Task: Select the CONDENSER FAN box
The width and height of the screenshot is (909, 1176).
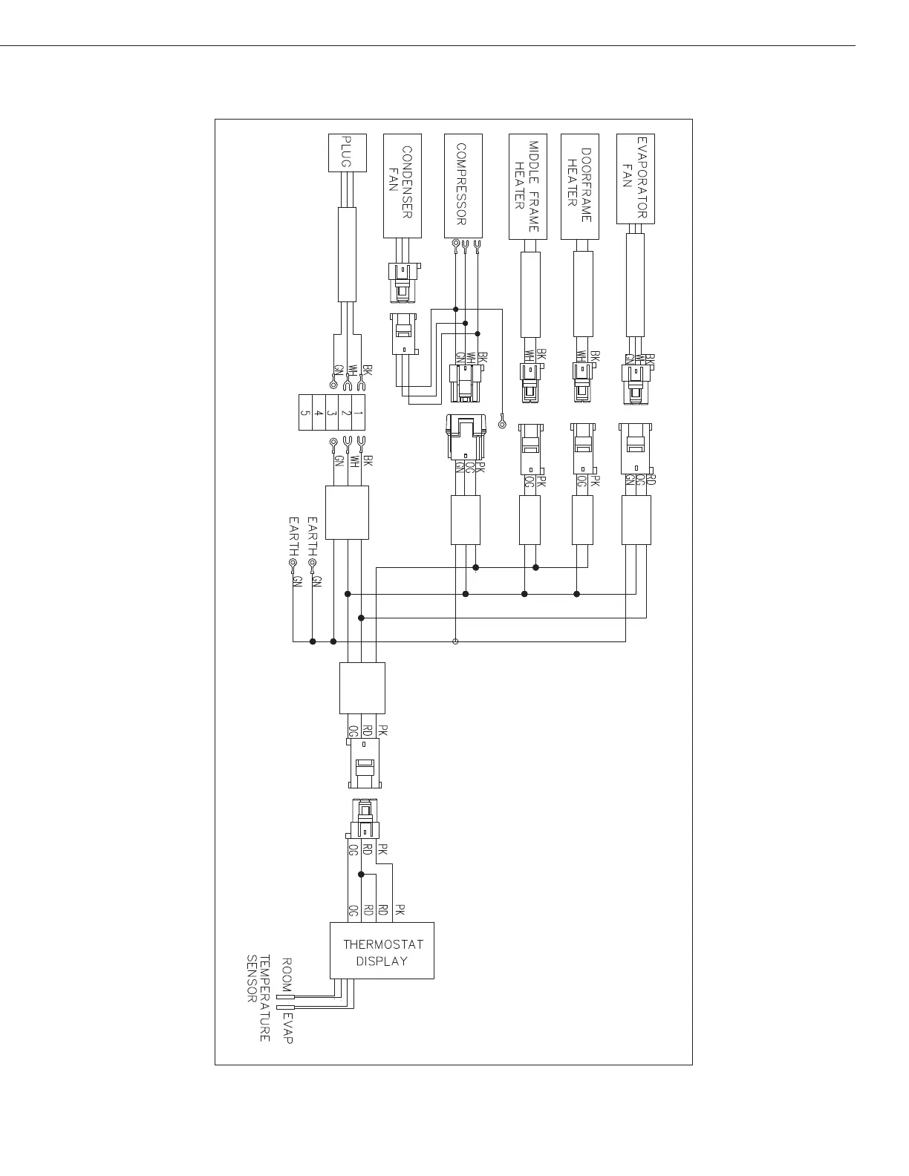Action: [403, 186]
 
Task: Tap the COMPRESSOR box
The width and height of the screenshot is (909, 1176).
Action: [463, 186]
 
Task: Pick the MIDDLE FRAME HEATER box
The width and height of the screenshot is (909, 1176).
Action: [528, 186]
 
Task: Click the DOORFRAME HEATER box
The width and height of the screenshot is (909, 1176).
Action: [580, 186]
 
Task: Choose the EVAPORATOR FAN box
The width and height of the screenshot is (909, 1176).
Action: [636, 178]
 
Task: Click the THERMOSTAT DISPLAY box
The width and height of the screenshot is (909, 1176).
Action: [382, 951]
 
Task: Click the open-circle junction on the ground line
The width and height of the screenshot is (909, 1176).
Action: [455, 641]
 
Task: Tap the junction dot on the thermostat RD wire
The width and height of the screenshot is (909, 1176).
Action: [361, 874]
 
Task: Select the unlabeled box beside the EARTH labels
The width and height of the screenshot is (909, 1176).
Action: [347, 513]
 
